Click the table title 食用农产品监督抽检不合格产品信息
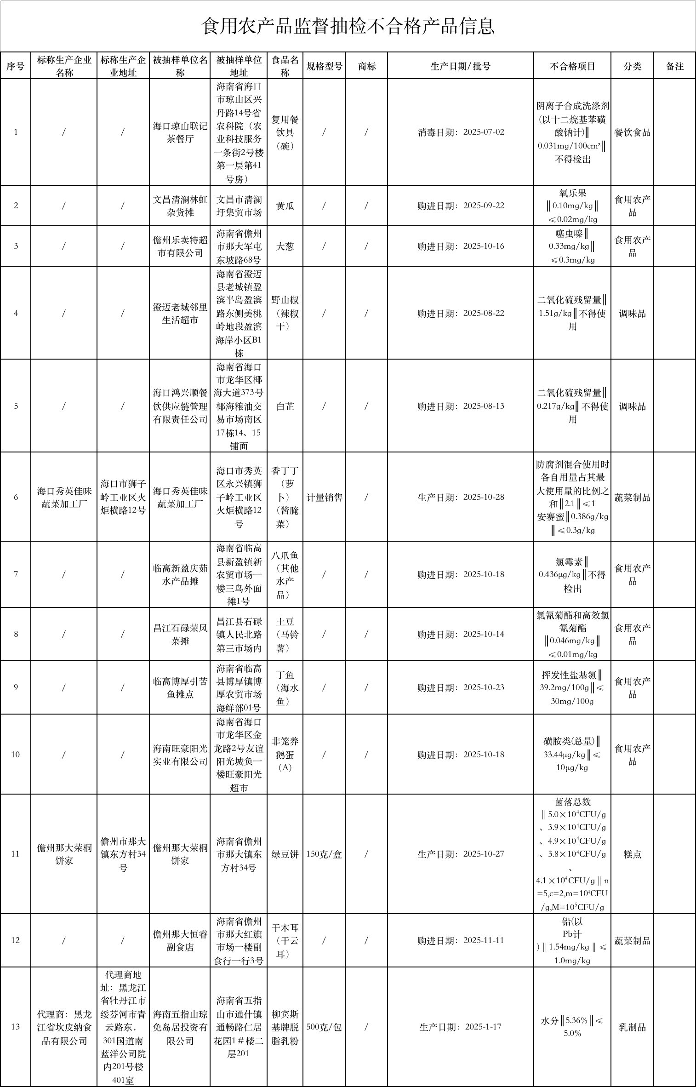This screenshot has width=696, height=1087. (x=348, y=26)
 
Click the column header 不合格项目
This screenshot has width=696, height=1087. (x=572, y=66)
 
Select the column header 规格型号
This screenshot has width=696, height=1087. (x=324, y=66)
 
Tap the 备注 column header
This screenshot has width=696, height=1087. (x=674, y=66)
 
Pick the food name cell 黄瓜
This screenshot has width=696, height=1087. (x=285, y=206)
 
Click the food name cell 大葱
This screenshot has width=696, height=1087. (x=285, y=246)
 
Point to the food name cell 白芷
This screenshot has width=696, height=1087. (x=285, y=406)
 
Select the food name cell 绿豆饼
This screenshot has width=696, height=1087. (x=285, y=854)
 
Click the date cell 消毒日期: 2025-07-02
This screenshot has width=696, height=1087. (x=461, y=132)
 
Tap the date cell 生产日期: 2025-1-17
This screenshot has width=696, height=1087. (x=461, y=1027)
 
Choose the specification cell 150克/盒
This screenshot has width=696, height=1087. (x=324, y=854)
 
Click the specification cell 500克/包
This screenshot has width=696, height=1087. (x=324, y=1027)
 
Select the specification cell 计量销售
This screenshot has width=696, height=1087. (x=324, y=498)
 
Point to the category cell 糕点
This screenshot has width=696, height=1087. (x=632, y=854)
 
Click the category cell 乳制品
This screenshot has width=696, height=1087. (x=632, y=1027)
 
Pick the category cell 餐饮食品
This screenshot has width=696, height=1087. (x=632, y=132)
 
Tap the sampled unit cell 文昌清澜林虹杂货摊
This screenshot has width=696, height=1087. (x=180, y=206)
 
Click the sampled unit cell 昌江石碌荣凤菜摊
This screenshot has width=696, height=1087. (x=180, y=635)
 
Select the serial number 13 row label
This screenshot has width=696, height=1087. (x=16, y=1027)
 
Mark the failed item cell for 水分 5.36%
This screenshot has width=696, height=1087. (x=572, y=1027)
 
